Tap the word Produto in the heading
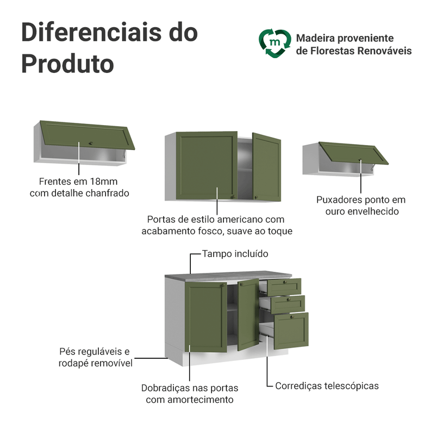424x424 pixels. (x=67, y=64)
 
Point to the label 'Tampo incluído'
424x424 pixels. (x=235, y=254)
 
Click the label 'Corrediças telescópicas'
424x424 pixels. (x=327, y=386)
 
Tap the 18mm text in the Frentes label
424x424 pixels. (x=104, y=181)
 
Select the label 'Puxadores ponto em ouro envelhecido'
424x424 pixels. (x=361, y=205)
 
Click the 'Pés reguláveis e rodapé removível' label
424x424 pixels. (x=95, y=357)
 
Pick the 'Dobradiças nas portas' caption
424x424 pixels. (x=189, y=388)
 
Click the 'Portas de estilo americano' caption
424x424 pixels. (x=216, y=219)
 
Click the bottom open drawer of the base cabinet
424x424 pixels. (x=290, y=330)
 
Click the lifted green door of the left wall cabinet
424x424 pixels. (x=87, y=134)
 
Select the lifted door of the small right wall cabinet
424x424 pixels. (x=353, y=153)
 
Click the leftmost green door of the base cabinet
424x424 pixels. (x=205, y=316)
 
